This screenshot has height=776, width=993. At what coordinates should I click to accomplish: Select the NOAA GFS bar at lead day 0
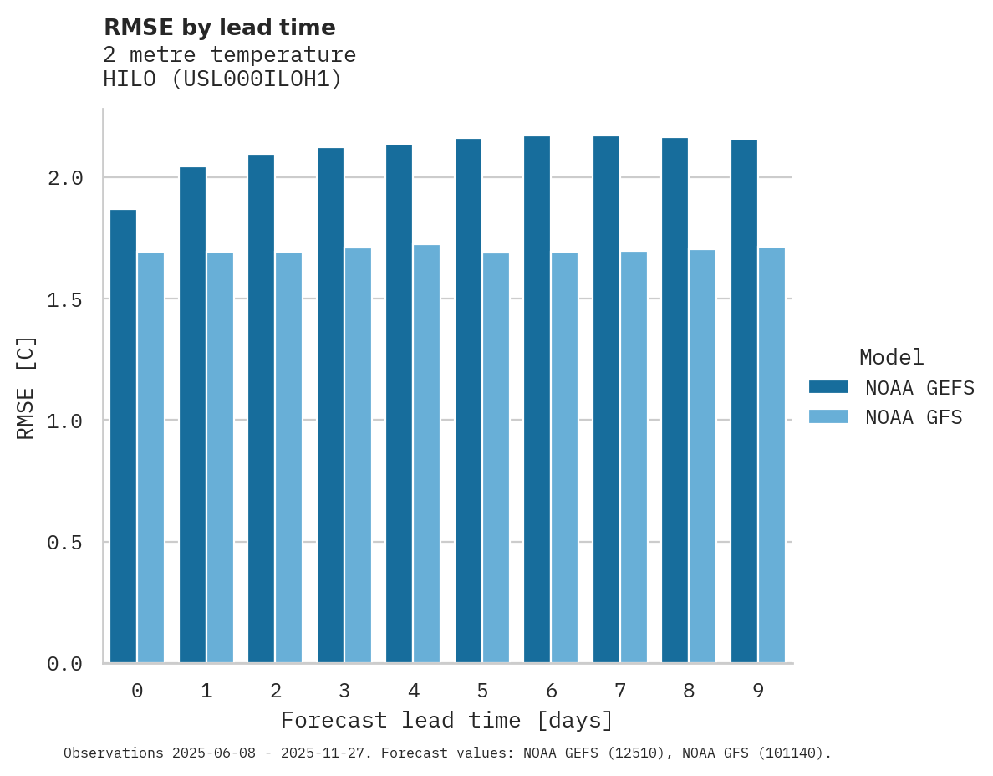point(150,457)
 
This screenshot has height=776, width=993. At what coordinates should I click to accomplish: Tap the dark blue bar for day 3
point(330,405)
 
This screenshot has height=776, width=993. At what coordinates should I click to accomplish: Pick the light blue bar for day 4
point(426,453)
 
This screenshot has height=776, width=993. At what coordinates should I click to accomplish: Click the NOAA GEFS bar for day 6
point(537,399)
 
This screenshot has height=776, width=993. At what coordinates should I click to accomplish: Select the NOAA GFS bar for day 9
point(771,455)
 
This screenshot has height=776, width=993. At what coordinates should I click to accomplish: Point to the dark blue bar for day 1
point(192,415)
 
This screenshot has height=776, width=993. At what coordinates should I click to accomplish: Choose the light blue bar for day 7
point(634,457)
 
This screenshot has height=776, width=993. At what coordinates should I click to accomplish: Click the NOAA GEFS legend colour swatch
point(828,387)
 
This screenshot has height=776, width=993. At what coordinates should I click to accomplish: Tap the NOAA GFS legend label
point(914,417)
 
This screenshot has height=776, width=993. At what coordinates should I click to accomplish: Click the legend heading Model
point(891,357)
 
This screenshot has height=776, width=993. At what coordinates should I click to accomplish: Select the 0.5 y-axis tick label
point(64,543)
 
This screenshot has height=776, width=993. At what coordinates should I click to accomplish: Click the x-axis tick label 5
point(482,691)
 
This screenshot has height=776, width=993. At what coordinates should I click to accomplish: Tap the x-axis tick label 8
point(689,691)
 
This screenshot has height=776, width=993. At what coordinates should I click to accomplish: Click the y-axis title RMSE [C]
point(26,387)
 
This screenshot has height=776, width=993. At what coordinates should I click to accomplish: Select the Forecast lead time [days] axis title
point(447,720)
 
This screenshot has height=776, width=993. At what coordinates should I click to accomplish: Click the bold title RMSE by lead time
point(219,28)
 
